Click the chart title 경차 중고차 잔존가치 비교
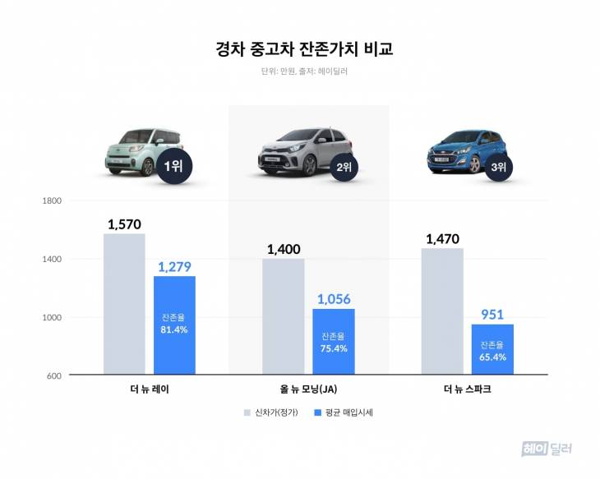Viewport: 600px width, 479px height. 299,48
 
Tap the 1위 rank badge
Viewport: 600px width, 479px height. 173,167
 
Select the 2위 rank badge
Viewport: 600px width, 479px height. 344,168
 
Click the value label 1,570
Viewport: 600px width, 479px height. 124,223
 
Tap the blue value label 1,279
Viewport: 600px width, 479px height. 174,266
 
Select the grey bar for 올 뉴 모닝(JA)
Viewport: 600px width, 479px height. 284,316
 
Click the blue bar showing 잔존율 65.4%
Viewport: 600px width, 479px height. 492,349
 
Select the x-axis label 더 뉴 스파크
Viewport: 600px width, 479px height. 468,388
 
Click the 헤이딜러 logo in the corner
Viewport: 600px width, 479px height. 546,449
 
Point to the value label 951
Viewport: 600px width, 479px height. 492,315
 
